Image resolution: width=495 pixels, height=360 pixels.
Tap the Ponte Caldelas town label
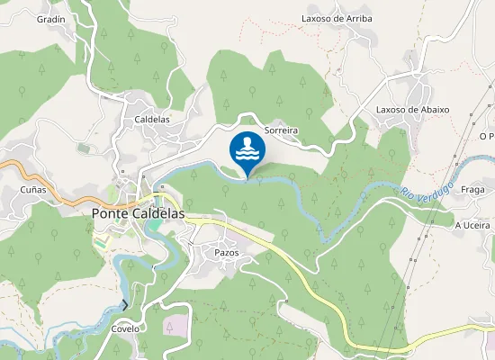click(x=138, y=214)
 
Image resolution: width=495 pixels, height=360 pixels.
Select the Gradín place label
click(x=51, y=18)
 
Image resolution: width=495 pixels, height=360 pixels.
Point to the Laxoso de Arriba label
click(x=337, y=17)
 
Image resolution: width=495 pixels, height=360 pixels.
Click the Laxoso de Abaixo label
click(x=412, y=110)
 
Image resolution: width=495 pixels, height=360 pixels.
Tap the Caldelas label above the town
click(x=151, y=119)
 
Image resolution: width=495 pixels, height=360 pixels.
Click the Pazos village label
click(x=227, y=253)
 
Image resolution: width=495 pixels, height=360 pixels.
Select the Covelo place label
click(x=125, y=328)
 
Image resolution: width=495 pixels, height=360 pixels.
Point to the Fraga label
click(x=472, y=190)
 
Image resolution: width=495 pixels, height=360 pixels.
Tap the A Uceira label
click(x=472, y=225)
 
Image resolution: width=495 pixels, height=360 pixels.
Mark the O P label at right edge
click(x=487, y=136)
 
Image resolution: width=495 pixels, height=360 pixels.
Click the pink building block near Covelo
click(x=175, y=325)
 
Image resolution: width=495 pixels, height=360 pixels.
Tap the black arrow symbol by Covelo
click(x=125, y=306)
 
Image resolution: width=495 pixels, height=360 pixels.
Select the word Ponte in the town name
click(x=111, y=214)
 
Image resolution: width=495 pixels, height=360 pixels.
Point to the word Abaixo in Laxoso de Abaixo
click(x=432, y=110)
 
